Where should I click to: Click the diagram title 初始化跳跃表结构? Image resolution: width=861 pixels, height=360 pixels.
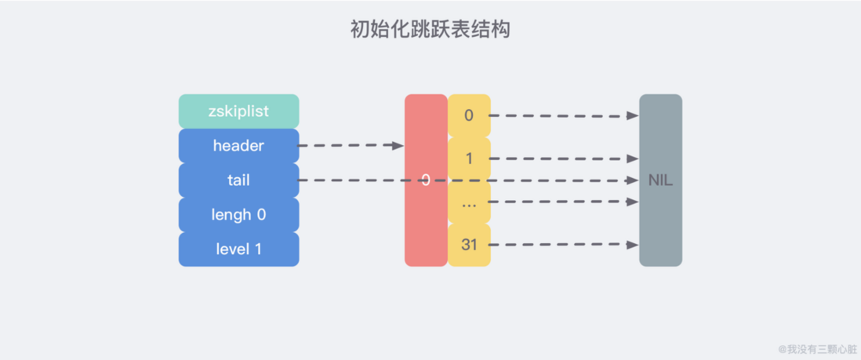[x=430, y=31]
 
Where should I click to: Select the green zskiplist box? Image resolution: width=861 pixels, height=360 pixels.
[x=238, y=111]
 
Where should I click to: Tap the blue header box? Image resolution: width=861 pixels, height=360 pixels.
[x=238, y=146]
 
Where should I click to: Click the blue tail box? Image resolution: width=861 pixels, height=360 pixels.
[x=238, y=180]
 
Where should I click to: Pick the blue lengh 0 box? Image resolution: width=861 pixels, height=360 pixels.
[x=238, y=215]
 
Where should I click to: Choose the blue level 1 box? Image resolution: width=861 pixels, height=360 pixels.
[x=238, y=249]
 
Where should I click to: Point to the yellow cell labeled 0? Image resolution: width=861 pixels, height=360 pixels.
[x=469, y=115]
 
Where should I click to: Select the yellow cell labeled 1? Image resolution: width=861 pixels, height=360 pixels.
[x=469, y=159]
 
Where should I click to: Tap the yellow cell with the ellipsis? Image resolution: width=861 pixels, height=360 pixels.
[x=469, y=202]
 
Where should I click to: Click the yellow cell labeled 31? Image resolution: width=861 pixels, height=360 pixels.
[x=469, y=245]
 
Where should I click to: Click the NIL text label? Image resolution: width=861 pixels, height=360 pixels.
[x=660, y=180]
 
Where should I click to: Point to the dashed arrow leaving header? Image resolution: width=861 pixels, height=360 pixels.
[x=349, y=146]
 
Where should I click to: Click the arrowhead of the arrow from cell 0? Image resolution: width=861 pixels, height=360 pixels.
[x=633, y=116]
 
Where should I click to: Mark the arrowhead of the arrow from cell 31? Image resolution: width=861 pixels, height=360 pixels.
[x=633, y=245]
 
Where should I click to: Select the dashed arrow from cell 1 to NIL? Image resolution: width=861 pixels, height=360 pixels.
[x=565, y=159]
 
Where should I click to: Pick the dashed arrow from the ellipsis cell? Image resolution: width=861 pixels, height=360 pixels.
[x=565, y=202]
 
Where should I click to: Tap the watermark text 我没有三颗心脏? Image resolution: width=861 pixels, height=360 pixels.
[x=819, y=349]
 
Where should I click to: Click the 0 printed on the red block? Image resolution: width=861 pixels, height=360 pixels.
[x=425, y=180]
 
